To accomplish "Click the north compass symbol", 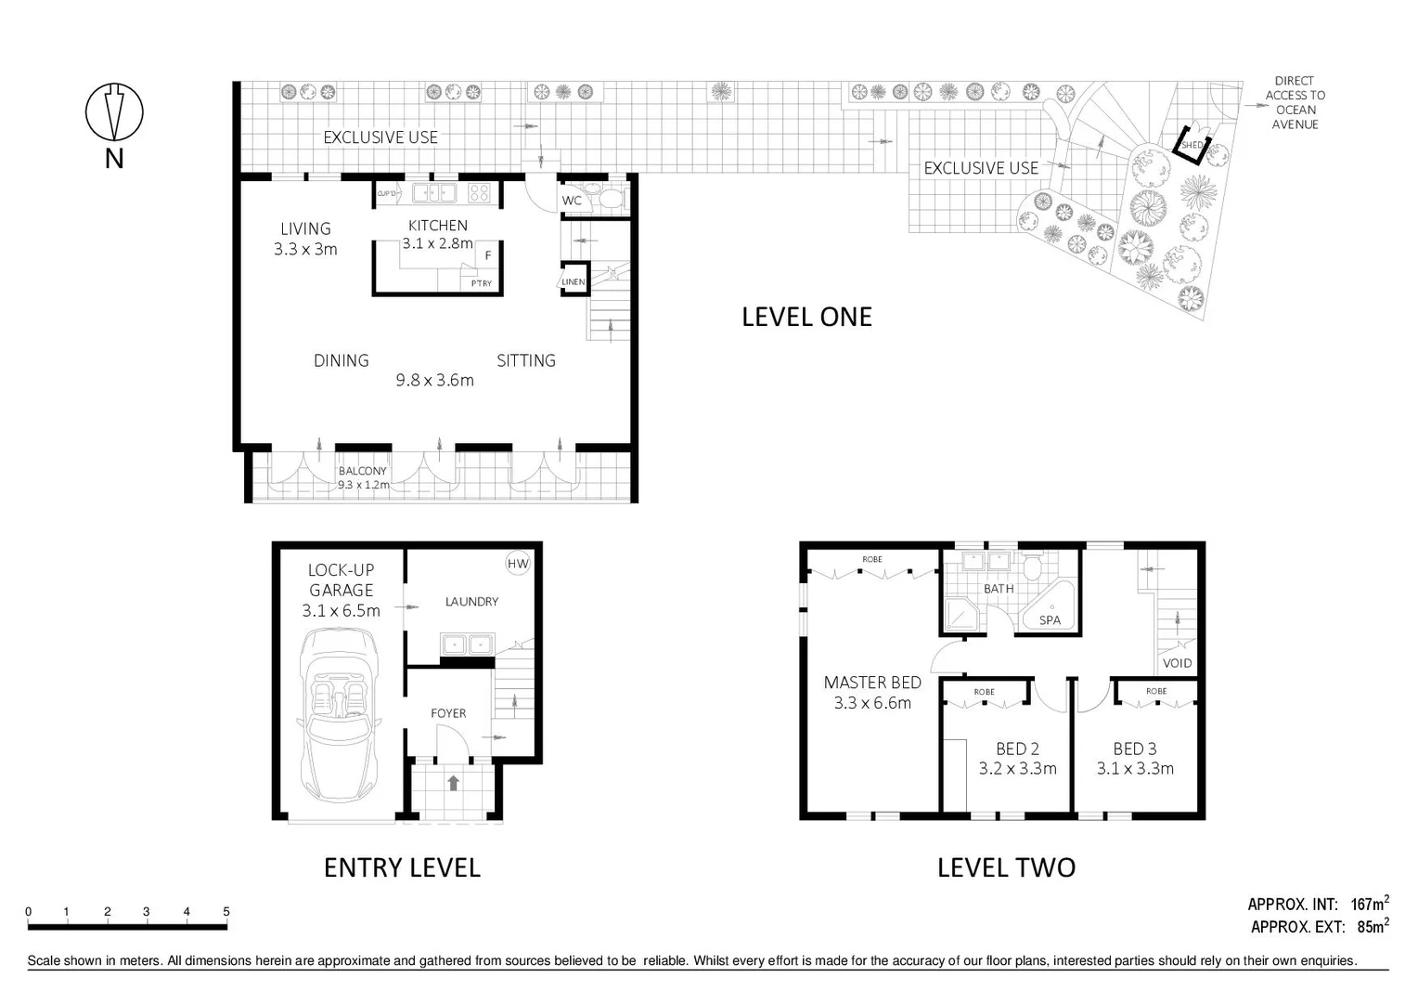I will coord(114,112).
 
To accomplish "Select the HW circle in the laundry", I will coord(517,563).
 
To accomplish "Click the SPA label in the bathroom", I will coord(1050,620).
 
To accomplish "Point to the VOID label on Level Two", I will coord(1177,663).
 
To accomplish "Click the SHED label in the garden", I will coord(1192,146).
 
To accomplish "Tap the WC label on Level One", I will coord(572,201).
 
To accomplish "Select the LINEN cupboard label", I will coord(574,282).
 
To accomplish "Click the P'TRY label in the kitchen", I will coord(481,283).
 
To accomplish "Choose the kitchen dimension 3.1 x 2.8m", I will coord(437,244).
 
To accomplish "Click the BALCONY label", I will coord(362,471).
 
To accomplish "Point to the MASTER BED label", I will coord(872,683).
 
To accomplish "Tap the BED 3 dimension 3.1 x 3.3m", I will coord(1135,769).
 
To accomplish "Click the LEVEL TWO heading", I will coord(1006,867).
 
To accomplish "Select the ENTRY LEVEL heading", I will coord(402,867).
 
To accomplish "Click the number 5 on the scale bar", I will coord(226,912).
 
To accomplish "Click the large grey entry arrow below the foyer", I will coord(453,783).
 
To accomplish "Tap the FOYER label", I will coord(448,713).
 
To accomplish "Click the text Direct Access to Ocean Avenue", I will coord(1295,102).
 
